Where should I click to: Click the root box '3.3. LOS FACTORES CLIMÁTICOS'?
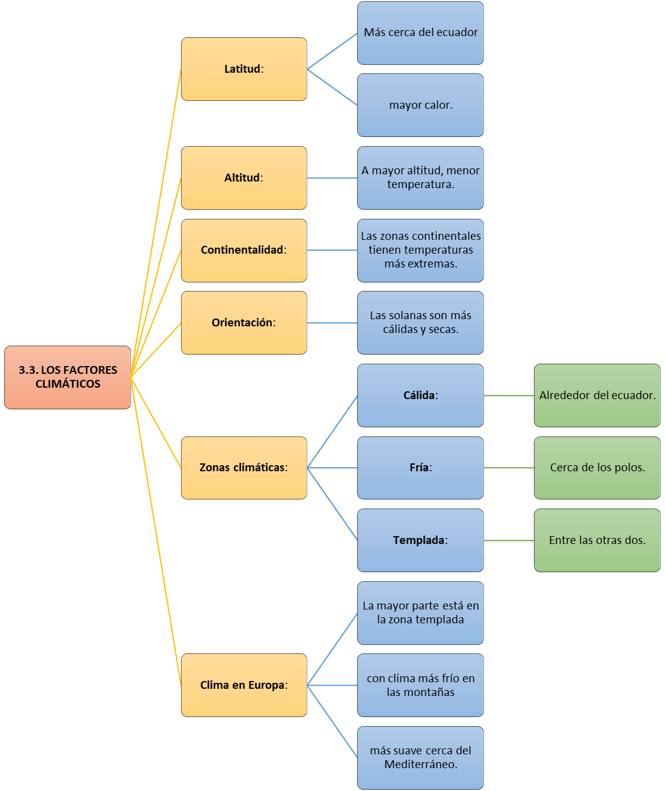tap(67, 377)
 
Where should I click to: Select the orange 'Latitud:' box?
tap(244, 69)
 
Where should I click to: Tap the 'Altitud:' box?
tap(244, 178)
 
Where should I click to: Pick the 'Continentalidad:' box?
tap(244, 251)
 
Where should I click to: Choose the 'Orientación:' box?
tap(244, 323)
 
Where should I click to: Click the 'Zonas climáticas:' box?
tap(244, 468)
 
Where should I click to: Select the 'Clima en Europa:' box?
tap(244, 685)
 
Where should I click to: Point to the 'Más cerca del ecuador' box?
tap(421, 33)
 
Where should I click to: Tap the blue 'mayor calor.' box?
tap(421, 105)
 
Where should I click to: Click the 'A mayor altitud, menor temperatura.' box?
tap(421, 178)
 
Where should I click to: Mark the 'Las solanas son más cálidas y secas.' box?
tap(421, 323)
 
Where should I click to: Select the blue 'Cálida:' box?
tap(421, 395)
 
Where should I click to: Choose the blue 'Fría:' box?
tap(421, 468)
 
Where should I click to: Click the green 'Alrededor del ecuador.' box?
tap(597, 395)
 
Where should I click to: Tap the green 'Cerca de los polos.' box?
tap(597, 468)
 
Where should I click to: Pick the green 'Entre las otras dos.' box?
tap(597, 540)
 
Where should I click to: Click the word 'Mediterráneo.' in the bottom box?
tap(421, 765)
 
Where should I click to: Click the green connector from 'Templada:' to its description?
tap(509, 540)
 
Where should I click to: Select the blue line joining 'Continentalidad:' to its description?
tap(332, 250)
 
